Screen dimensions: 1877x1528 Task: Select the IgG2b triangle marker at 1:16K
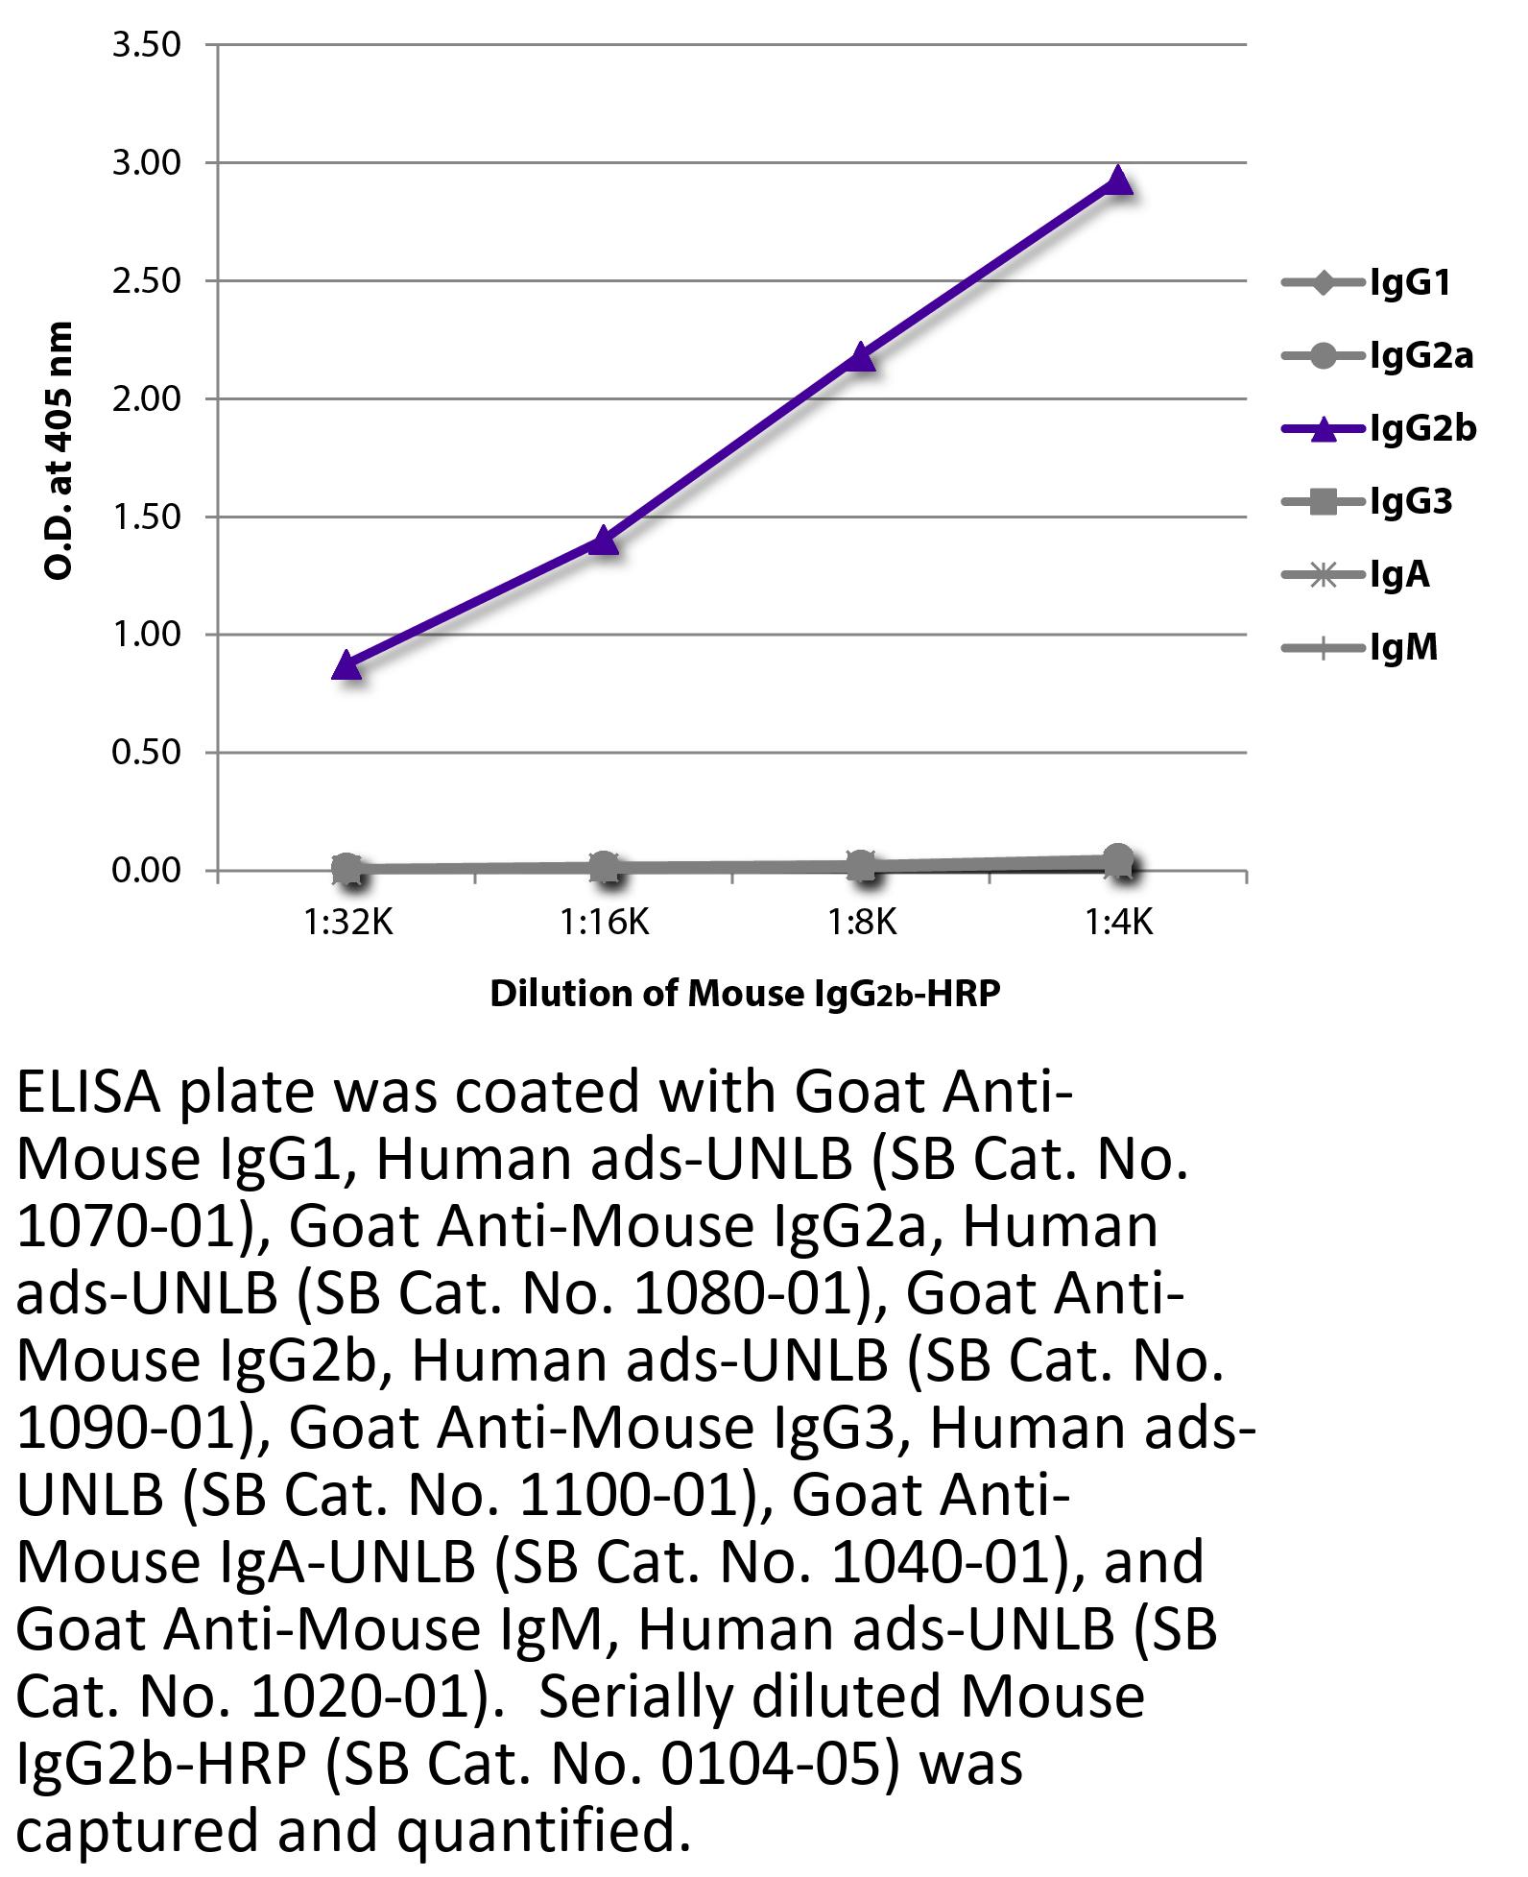point(604,541)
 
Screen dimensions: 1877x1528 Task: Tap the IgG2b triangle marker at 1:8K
point(861,357)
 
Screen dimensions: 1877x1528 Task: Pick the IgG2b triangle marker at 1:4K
point(1118,180)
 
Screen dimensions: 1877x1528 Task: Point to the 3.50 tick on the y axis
point(146,45)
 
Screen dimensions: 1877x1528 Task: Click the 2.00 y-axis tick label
point(146,399)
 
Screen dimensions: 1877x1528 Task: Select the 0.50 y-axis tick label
point(146,753)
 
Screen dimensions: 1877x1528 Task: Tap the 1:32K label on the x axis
point(348,923)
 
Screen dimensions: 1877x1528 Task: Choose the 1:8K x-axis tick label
point(862,923)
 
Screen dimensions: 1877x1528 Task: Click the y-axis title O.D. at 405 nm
point(60,451)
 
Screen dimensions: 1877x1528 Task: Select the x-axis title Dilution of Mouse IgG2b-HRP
point(745,994)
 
